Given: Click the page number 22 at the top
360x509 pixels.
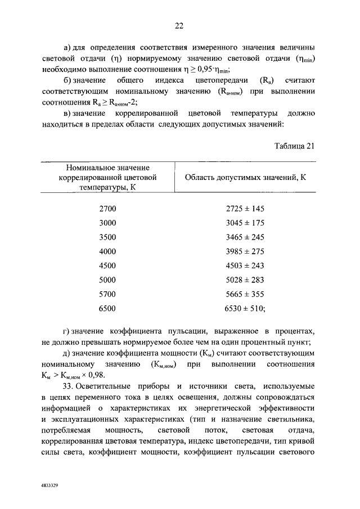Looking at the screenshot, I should coord(179,26).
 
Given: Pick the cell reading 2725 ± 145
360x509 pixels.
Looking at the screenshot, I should coord(245,209).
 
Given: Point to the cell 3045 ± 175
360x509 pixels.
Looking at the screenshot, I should coord(245,223).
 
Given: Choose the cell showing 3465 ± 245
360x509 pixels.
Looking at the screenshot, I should coord(245,237).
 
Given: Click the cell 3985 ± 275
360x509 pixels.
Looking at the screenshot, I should coord(245,251).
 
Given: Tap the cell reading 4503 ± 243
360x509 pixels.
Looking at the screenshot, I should coord(245,265).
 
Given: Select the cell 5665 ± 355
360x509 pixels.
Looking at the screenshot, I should coord(245,294).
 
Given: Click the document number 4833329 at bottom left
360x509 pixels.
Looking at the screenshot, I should coord(50,484).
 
